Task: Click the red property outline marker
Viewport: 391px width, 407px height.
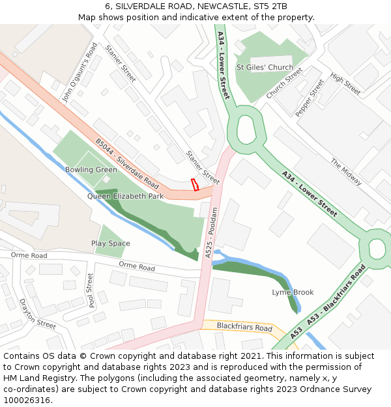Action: [194, 184]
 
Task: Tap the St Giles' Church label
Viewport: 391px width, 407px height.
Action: [265, 67]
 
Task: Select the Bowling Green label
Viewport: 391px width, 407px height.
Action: [91, 170]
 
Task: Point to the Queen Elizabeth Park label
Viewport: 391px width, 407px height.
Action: [125, 196]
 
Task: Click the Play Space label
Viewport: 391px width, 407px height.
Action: [110, 244]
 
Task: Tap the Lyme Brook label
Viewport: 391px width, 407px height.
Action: [293, 292]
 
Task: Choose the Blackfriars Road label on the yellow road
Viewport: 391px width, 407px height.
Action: [244, 328]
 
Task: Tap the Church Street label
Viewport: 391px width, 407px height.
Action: [284, 84]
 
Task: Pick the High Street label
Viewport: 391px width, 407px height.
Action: [345, 83]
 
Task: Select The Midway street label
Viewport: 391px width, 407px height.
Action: [345, 172]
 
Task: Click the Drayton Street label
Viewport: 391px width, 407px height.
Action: [37, 314]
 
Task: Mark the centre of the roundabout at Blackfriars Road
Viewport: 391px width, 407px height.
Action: [377, 248]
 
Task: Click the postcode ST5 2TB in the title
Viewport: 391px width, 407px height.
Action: [270, 6]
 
